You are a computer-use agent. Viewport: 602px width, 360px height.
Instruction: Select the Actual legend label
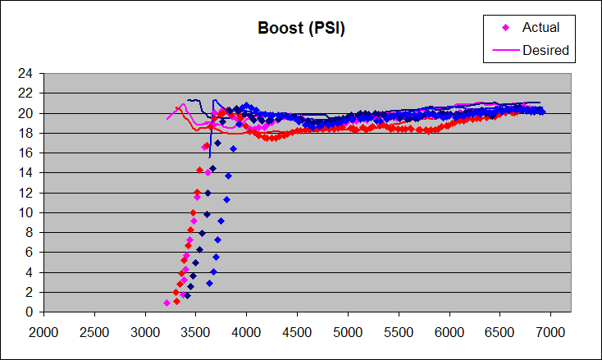[x=540, y=28]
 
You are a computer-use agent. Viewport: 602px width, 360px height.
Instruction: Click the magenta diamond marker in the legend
[x=505, y=28]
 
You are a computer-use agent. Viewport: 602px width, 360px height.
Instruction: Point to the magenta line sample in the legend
[x=505, y=49]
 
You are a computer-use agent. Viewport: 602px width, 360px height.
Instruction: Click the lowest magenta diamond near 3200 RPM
[x=166, y=303]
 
